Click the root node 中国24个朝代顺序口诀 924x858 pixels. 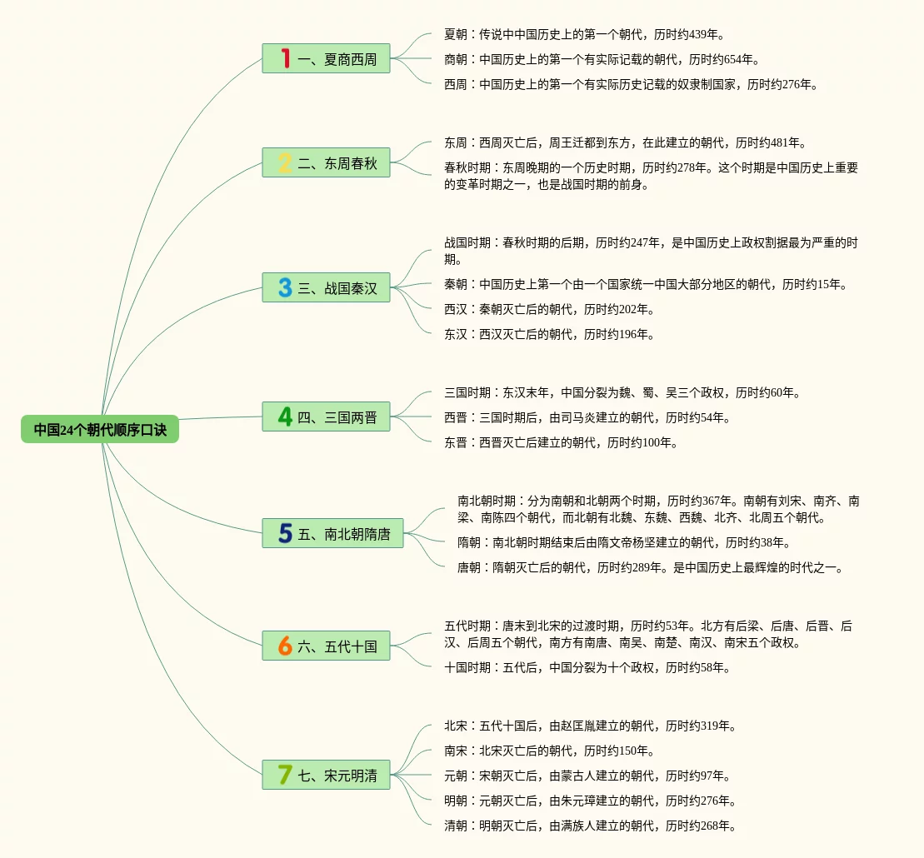pyautogui.click(x=100, y=430)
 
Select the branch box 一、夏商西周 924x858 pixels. pyautogui.click(x=327, y=59)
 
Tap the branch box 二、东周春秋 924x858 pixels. pyautogui.click(x=327, y=163)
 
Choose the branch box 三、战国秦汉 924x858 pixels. pyautogui.click(x=327, y=288)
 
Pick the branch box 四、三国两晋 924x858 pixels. pyautogui.click(x=327, y=417)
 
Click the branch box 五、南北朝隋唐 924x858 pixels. pyautogui.click(x=332, y=534)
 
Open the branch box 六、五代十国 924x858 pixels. pyautogui.click(x=327, y=646)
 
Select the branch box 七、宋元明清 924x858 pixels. pyautogui.click(x=327, y=776)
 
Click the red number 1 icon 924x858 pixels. pyautogui.click(x=285, y=58)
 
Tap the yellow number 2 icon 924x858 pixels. pyautogui.click(x=285, y=163)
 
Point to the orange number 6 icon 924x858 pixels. pyautogui.click(x=285, y=646)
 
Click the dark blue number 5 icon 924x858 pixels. pyautogui.click(x=285, y=534)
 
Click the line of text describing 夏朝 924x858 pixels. pyautogui.click(x=584, y=34)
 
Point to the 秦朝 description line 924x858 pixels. pyautogui.click(x=646, y=284)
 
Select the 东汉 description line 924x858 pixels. pyautogui.click(x=549, y=334)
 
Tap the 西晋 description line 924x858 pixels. pyautogui.click(x=587, y=417)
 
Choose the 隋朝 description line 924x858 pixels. pyautogui.click(x=623, y=542)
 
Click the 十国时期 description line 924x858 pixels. pyautogui.click(x=587, y=667)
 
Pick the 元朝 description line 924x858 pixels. pyautogui.click(x=587, y=776)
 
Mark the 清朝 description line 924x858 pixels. pyautogui.click(x=590, y=826)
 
